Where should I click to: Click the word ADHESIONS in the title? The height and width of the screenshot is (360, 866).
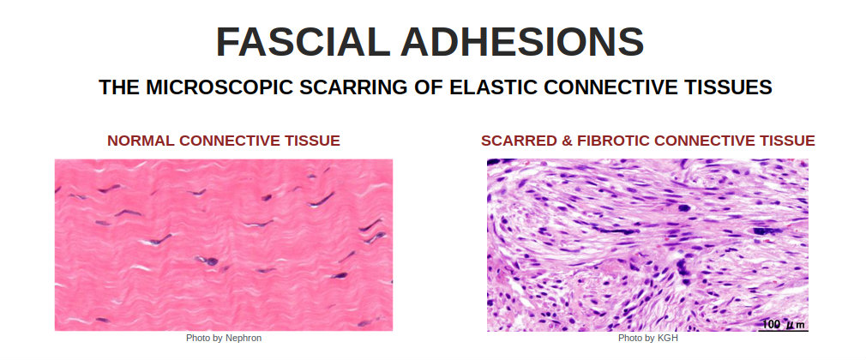[522, 42]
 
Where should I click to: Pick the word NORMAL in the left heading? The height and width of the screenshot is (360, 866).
[141, 141]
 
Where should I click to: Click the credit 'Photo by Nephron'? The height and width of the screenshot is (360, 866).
[224, 338]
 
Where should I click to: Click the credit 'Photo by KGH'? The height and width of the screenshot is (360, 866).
[648, 338]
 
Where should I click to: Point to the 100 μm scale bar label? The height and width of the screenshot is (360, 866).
[783, 323]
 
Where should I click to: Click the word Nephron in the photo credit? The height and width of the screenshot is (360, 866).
[244, 338]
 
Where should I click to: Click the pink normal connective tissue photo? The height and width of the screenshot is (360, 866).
[224, 244]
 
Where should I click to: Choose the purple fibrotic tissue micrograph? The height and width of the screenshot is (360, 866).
[647, 245]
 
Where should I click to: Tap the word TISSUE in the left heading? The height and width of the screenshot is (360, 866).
[313, 141]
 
